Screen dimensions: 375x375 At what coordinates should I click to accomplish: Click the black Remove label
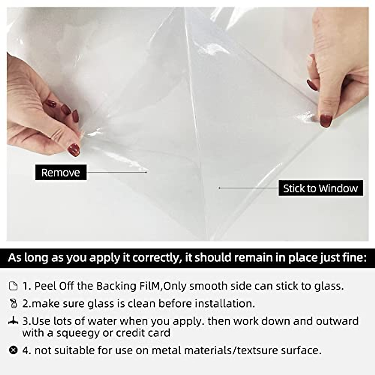point(61,172)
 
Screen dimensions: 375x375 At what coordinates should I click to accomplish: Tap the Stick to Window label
point(321,188)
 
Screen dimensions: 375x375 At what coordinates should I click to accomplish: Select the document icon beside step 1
point(13,286)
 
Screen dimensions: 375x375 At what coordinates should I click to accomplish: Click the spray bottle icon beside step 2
point(13,303)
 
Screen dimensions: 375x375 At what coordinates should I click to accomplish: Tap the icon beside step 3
point(13,321)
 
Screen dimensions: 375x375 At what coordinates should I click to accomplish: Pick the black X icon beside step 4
point(13,350)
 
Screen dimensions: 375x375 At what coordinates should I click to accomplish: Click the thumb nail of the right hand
point(325,121)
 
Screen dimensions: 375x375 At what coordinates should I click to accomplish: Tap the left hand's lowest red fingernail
point(74,150)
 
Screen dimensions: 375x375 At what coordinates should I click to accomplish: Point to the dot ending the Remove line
point(146,172)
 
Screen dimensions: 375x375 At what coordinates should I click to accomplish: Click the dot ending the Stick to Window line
point(220,188)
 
